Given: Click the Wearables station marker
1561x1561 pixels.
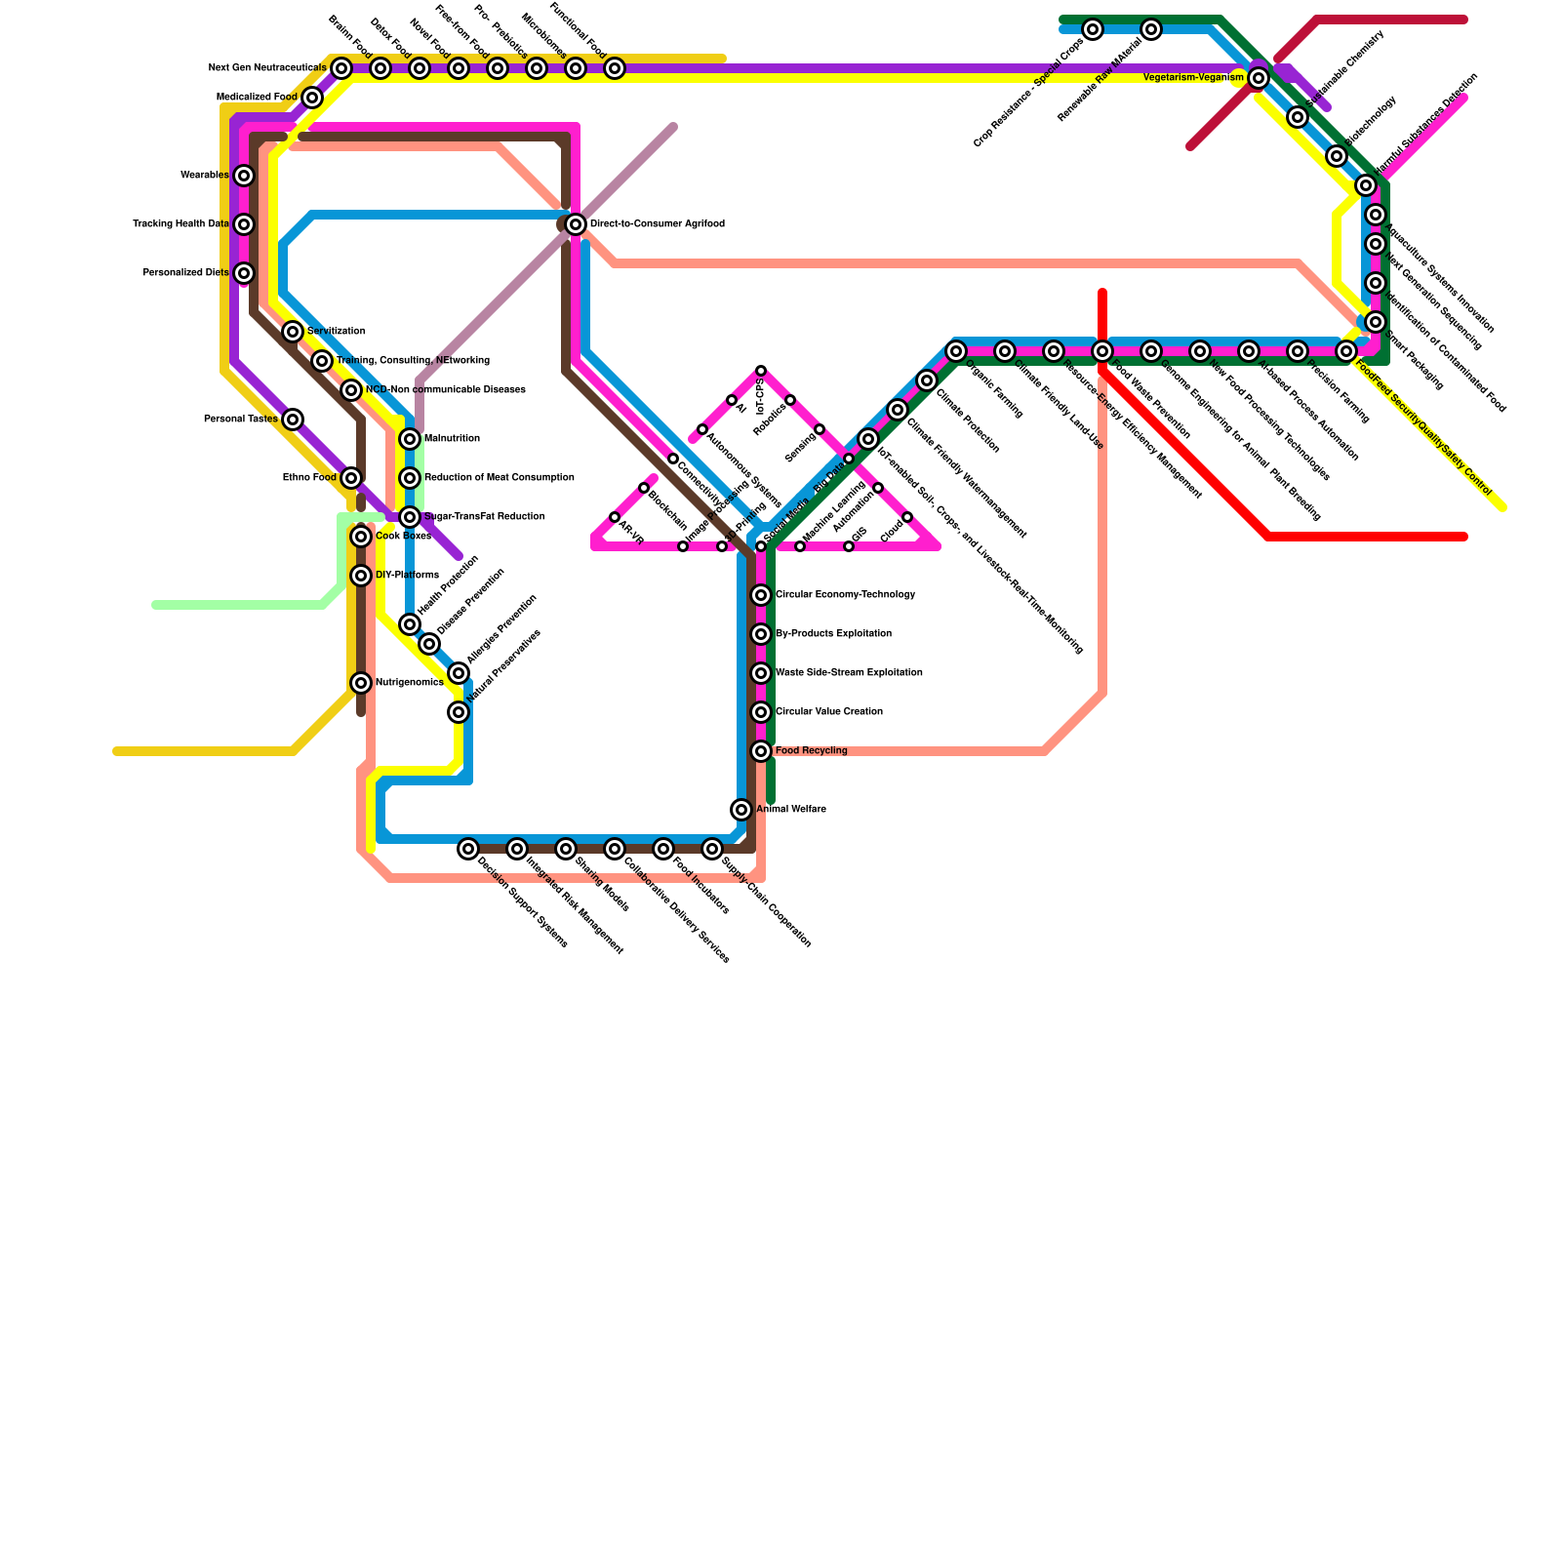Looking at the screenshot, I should (x=244, y=176).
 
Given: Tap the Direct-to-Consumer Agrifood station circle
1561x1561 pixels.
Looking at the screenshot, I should (x=576, y=224).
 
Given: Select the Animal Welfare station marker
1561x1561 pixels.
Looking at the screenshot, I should (x=741, y=810).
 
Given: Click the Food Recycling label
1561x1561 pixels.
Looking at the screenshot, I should (x=811, y=751).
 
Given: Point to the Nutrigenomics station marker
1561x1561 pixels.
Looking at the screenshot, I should (x=361, y=683).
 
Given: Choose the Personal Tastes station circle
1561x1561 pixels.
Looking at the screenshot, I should (x=293, y=420).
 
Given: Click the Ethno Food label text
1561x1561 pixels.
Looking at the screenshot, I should (x=309, y=478).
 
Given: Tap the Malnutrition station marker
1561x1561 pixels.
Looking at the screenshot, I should (x=410, y=439).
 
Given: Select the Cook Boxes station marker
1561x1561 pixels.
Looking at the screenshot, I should (x=361, y=537).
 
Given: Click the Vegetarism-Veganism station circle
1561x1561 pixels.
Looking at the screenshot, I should (x=1259, y=78).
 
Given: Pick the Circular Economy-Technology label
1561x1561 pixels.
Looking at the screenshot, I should (x=845, y=595).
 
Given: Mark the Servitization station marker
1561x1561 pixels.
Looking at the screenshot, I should (x=293, y=332).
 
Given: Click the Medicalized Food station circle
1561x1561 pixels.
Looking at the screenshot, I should (x=312, y=98).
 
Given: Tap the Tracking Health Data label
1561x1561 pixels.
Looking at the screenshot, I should (x=180, y=224).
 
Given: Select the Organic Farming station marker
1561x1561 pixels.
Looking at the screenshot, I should (x=956, y=351).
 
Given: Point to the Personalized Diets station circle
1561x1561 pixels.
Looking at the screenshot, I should (x=244, y=273).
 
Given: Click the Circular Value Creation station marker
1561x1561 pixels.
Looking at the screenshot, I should (x=761, y=712).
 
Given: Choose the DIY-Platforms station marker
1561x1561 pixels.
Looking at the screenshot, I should (x=361, y=576).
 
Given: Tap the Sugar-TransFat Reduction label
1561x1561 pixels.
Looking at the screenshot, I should (x=484, y=517).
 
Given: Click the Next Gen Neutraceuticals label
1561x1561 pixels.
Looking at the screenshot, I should (x=267, y=68).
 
